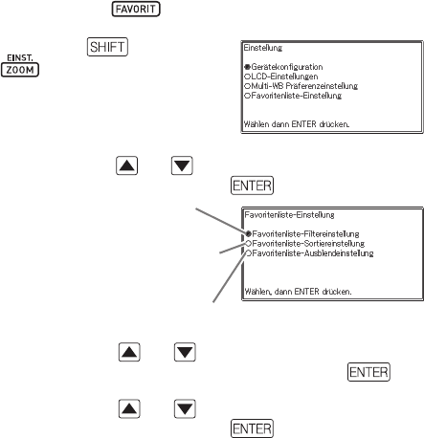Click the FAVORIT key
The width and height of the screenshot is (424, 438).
(136, 9)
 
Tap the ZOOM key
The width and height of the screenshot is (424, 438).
(20, 70)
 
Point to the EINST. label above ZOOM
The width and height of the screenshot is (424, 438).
(20, 57)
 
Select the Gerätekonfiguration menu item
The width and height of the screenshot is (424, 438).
(287, 67)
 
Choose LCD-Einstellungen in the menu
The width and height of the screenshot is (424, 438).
(284, 77)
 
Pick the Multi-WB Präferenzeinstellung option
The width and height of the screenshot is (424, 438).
(304, 86)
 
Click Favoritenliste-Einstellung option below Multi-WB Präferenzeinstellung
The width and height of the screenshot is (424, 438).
(297, 96)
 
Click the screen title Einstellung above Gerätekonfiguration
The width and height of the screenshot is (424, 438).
(263, 48)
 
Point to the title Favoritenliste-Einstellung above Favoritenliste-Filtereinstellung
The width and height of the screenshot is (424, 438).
(289, 215)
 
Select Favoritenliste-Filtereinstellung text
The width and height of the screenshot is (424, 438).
(305, 234)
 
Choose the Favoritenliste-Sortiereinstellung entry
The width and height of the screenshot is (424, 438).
(308, 244)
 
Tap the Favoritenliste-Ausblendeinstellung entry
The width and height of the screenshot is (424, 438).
(313, 253)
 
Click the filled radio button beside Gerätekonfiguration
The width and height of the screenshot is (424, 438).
(248, 67)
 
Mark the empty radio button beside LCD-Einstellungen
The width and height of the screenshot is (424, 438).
(248, 77)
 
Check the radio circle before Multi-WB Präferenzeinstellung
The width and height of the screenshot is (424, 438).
(248, 86)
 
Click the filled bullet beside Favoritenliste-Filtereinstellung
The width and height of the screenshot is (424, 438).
(249, 234)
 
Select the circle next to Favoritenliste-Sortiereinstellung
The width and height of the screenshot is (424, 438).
(249, 244)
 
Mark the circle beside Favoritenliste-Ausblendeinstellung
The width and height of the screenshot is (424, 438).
(249, 253)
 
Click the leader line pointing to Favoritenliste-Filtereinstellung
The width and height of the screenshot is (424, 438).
(221, 221)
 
